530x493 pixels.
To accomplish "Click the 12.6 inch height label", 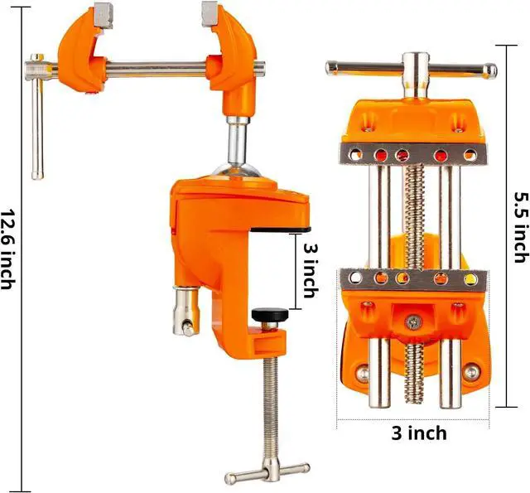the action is click(x=7, y=249).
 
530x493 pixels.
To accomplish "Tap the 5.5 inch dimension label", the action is click(x=521, y=227).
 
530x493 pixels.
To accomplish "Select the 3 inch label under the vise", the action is click(x=419, y=433).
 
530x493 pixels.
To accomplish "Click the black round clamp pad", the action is click(x=270, y=315).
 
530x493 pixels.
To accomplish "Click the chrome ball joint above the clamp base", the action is click(x=237, y=170).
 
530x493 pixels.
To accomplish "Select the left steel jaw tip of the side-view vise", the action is click(x=103, y=15).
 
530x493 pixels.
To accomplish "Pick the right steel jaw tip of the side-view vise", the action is click(x=210, y=13).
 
